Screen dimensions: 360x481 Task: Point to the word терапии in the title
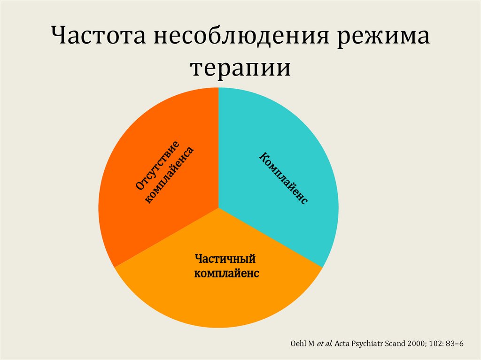(240, 68)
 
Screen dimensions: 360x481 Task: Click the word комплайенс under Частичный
(226, 273)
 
